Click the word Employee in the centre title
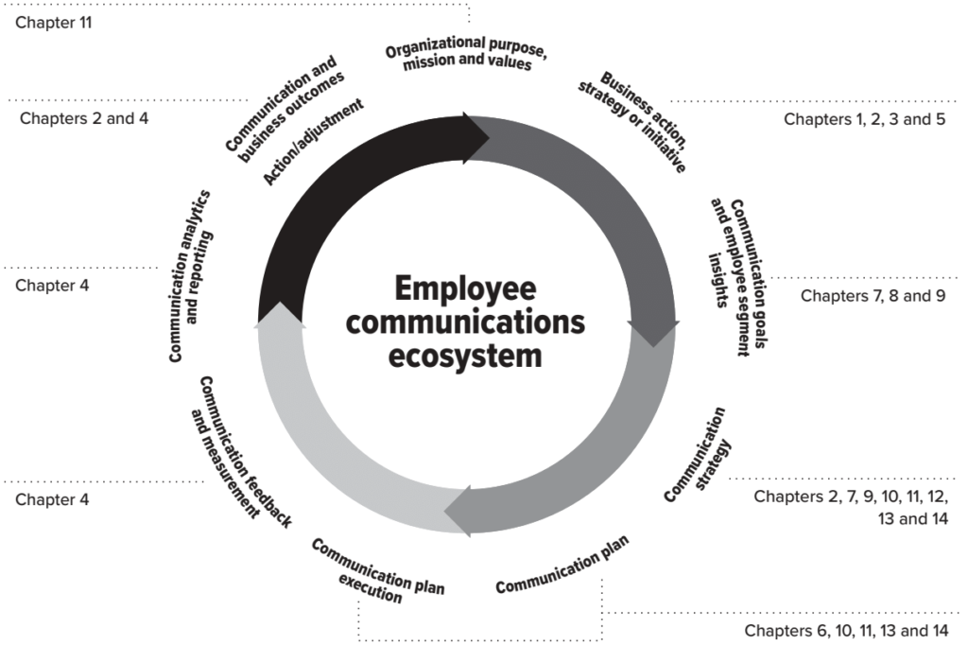coord(465,289)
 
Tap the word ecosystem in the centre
coord(465,357)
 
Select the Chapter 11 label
coord(54,23)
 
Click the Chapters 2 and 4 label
coord(84,118)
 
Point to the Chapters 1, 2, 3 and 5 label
coord(864,119)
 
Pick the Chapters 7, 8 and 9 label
coord(873,296)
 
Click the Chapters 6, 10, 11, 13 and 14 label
coord(846,631)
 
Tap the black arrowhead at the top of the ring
coord(476,138)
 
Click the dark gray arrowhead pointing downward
coord(653,334)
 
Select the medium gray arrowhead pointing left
coord(458,511)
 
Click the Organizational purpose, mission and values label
coord(466,54)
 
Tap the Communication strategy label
coord(698,455)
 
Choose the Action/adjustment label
coord(313,142)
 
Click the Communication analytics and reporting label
coord(191,275)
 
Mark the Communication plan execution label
coord(377,571)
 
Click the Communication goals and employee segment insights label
coord(737,277)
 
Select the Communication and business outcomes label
coord(284,109)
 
